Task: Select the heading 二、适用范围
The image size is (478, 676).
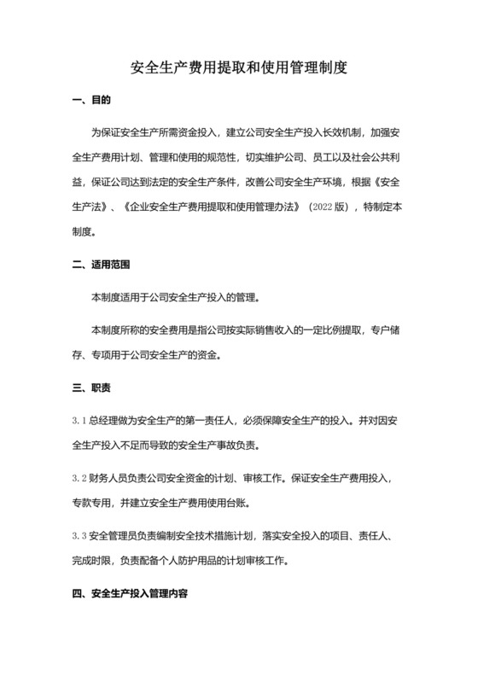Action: (102, 265)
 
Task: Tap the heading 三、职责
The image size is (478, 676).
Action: (90, 388)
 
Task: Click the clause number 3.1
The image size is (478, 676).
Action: (79, 421)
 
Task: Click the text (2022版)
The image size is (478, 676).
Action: (325, 207)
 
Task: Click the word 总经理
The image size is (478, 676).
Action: (105, 421)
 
